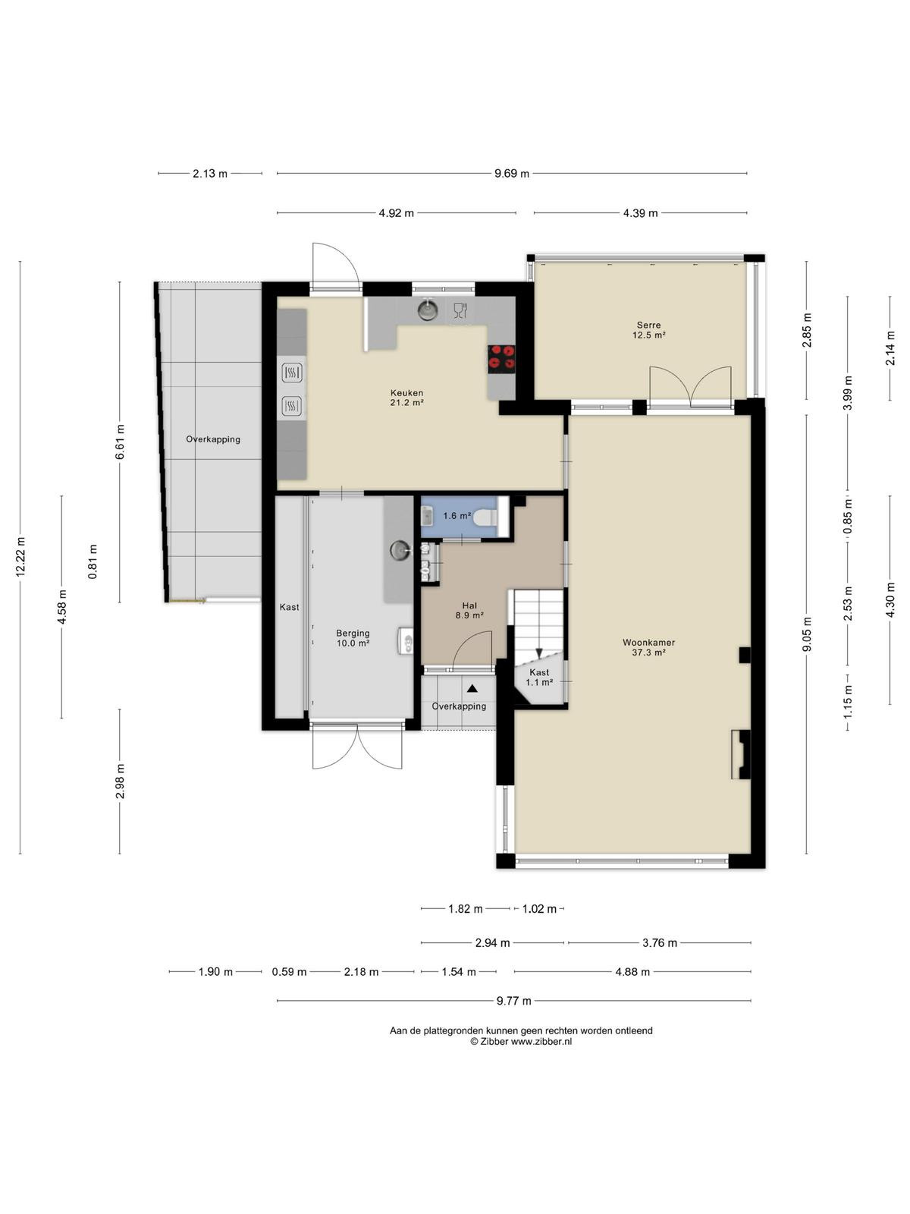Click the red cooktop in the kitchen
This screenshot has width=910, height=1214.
pyautogui.click(x=501, y=358)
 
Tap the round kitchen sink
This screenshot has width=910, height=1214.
pyautogui.click(x=426, y=310)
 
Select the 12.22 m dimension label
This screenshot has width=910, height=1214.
pyautogui.click(x=20, y=557)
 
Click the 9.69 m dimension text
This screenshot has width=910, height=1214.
pyautogui.click(x=512, y=174)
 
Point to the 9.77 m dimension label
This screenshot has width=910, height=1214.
pyautogui.click(x=514, y=1001)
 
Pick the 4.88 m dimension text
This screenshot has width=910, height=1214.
pyautogui.click(x=632, y=972)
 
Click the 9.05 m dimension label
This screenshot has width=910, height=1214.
pyautogui.click(x=807, y=634)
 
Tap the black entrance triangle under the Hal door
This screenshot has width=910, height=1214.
pyautogui.click(x=472, y=689)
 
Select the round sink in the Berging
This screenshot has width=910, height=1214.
pyautogui.click(x=400, y=550)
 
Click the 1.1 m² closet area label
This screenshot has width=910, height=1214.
pyautogui.click(x=539, y=682)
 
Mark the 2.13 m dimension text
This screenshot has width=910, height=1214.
pyautogui.click(x=210, y=174)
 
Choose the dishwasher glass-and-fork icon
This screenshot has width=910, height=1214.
pyautogui.click(x=460, y=311)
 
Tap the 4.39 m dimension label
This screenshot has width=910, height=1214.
pyautogui.click(x=640, y=213)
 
